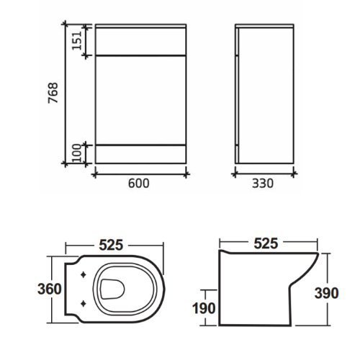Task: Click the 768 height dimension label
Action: pos(53,93)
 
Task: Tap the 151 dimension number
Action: pos(77,40)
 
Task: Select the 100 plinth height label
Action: pos(77,153)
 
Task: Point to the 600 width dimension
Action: pos(138,184)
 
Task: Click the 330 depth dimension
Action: pos(263,184)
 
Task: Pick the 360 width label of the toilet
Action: pos(50,289)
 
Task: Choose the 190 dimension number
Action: pos(204,308)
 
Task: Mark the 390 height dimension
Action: pos(326,293)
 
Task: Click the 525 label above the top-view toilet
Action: pos(111,245)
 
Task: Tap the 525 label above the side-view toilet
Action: pos(266,243)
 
